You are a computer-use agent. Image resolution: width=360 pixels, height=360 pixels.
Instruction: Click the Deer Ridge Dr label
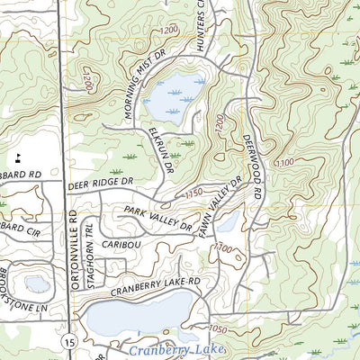click(x=100, y=183)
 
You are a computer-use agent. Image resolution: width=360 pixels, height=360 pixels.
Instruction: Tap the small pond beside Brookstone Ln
click(x=38, y=284)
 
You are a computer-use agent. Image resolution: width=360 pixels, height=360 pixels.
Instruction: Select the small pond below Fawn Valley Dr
click(x=227, y=221)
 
